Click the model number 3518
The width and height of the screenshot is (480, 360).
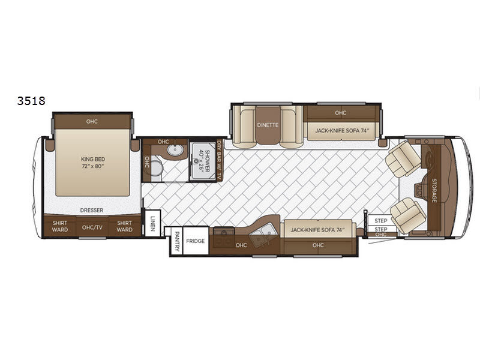(x=31, y=101)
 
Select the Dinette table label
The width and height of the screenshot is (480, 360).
(x=268, y=125)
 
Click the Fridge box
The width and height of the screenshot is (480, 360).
(x=196, y=241)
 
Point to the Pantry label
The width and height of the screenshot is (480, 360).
(x=177, y=241)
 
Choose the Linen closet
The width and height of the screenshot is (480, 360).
(x=152, y=223)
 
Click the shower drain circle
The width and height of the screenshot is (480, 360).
(x=196, y=160)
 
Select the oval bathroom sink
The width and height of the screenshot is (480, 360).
(x=175, y=149)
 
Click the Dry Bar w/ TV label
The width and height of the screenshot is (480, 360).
(x=219, y=160)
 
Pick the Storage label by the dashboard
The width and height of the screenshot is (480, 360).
(x=434, y=190)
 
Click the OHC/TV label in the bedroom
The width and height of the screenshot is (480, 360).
(x=92, y=227)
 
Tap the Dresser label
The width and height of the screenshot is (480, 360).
(x=92, y=211)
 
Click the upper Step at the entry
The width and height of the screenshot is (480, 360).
(x=381, y=221)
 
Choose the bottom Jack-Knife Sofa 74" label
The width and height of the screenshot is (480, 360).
(x=317, y=230)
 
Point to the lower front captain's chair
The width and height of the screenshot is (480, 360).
(x=408, y=215)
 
